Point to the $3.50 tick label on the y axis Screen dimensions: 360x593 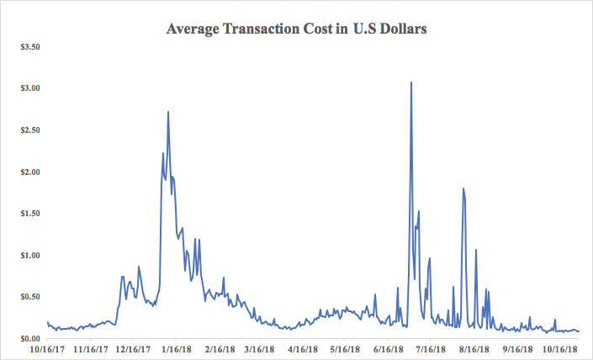[x=29, y=46]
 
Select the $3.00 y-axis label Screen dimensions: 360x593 [x=29, y=88]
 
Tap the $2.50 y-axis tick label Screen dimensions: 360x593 [x=29, y=130]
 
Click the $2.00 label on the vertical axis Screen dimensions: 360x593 [x=29, y=172]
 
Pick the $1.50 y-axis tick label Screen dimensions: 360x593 [x=29, y=214]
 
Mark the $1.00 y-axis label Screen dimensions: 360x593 [x=29, y=255]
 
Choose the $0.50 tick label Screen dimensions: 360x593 [x=29, y=297]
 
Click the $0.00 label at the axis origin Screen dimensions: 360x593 [x=29, y=338]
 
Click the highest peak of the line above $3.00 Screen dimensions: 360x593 [x=410, y=82]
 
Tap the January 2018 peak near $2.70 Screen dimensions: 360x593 [x=168, y=112]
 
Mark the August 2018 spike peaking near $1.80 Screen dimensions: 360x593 [x=463, y=188]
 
